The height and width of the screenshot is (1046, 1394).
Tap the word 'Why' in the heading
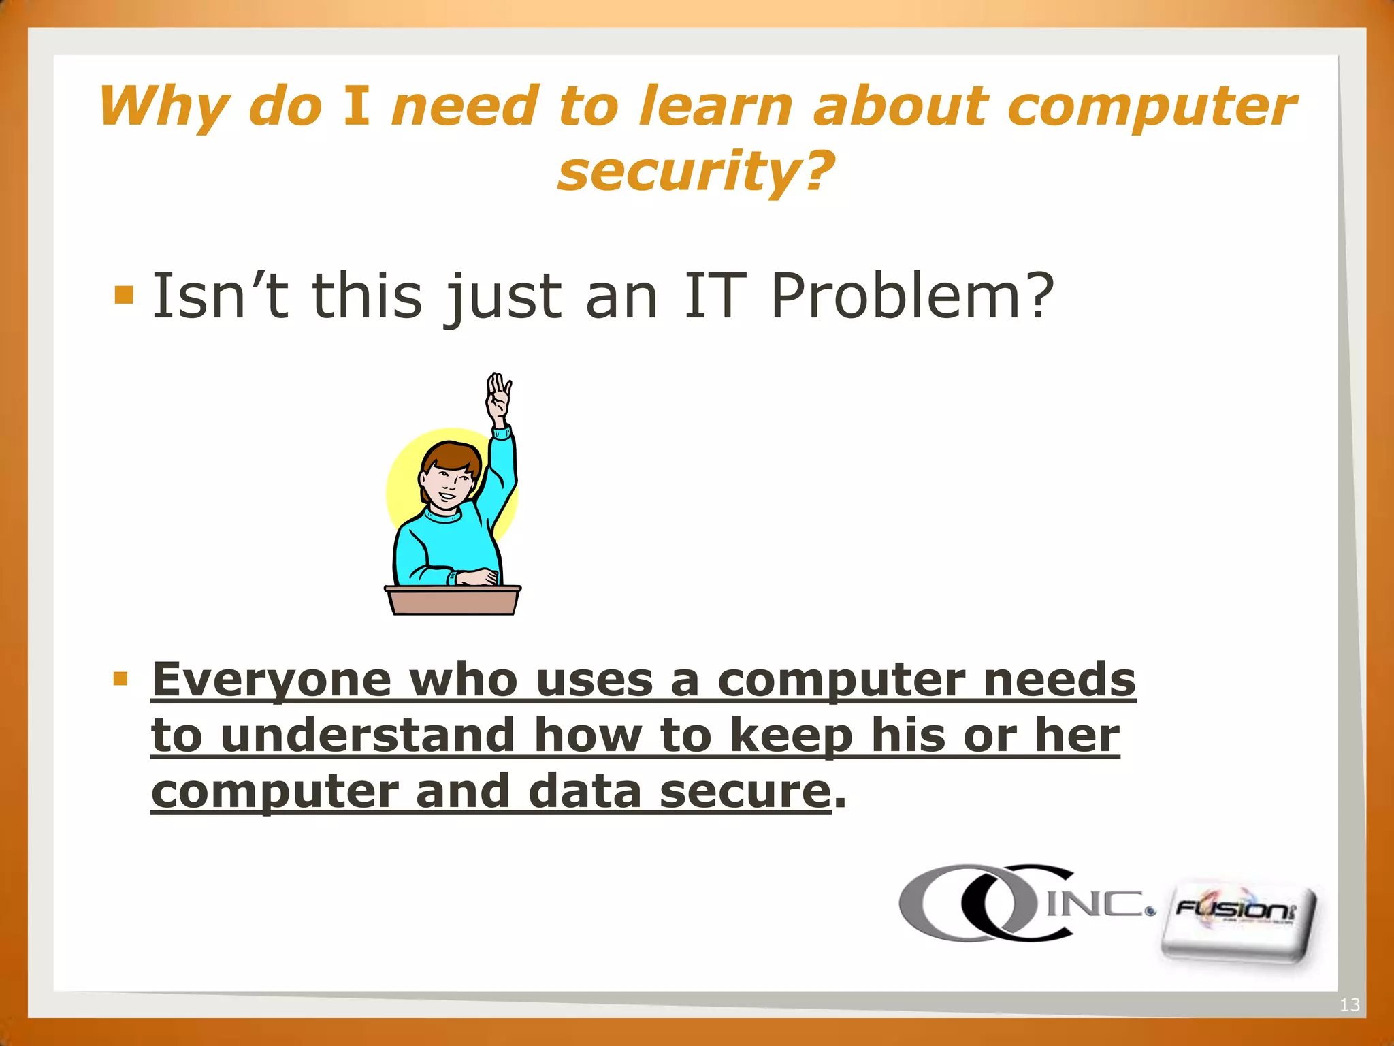[163, 108]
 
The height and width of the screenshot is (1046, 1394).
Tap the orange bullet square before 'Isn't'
[124, 294]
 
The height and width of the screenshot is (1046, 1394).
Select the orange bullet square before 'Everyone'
[120, 678]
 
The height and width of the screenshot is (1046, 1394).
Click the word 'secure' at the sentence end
[745, 791]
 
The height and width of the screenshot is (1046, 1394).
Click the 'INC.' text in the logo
[1097, 904]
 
